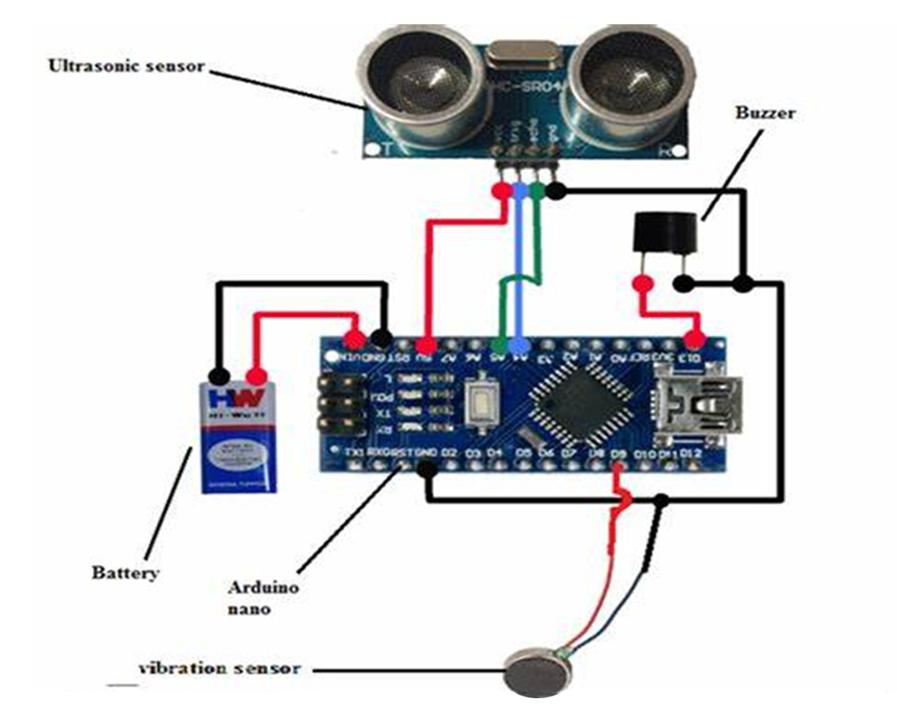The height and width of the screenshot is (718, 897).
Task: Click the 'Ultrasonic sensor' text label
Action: (127, 66)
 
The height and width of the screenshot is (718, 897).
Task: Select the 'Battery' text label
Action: (125, 572)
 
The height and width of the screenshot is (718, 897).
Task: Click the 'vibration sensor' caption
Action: (218, 669)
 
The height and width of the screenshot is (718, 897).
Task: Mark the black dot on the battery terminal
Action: (217, 376)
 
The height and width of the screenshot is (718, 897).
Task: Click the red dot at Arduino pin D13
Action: (693, 339)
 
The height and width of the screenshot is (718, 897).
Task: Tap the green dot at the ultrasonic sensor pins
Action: (537, 191)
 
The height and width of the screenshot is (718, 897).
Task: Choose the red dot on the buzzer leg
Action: (642, 285)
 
